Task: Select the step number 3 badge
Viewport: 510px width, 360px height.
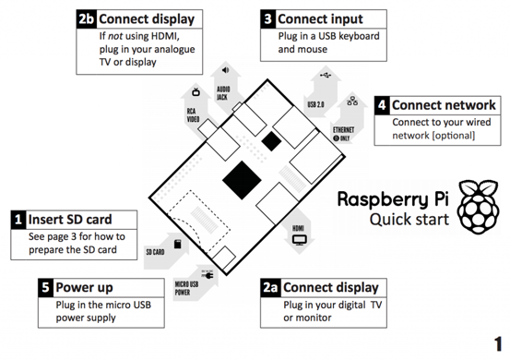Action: click(267, 18)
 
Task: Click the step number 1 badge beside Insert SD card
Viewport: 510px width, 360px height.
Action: click(18, 220)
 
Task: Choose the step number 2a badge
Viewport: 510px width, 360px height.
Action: click(269, 287)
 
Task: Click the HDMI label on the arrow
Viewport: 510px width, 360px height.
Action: click(299, 227)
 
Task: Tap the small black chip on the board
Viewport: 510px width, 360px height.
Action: click(270, 140)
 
